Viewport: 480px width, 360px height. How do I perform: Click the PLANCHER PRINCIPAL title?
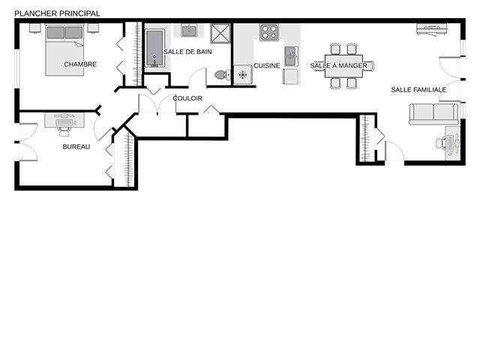[57, 13]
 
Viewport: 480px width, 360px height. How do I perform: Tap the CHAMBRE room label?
[80, 64]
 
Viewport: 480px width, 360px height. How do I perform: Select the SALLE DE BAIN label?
[187, 52]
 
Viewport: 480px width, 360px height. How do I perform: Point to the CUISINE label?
[267, 65]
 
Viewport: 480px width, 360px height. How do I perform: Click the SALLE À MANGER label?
[338, 65]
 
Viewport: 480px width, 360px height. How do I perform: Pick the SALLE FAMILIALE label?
[418, 90]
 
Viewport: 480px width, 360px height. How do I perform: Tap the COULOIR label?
[187, 98]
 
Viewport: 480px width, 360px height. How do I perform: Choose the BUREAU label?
[76, 147]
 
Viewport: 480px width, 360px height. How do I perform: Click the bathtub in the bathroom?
[154, 48]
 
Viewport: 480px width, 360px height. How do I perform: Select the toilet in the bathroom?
[223, 74]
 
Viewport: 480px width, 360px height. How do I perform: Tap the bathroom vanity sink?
[188, 31]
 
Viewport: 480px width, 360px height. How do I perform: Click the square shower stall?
[220, 33]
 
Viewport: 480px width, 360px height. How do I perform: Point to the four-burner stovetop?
[269, 32]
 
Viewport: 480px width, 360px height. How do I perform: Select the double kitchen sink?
[291, 56]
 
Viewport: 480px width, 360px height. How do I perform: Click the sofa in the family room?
[434, 114]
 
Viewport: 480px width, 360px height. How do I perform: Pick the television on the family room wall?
[432, 29]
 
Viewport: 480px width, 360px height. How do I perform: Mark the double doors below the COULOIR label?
[157, 104]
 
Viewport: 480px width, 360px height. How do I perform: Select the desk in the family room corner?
[453, 143]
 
